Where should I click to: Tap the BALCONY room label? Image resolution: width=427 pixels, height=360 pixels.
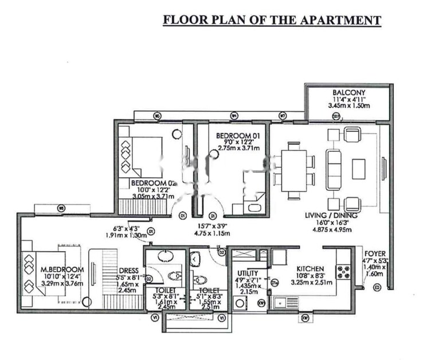[x=347, y=92]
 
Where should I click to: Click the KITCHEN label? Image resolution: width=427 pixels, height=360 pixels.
[x=310, y=268]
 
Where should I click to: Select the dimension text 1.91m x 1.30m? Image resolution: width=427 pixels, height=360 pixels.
[x=126, y=234]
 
